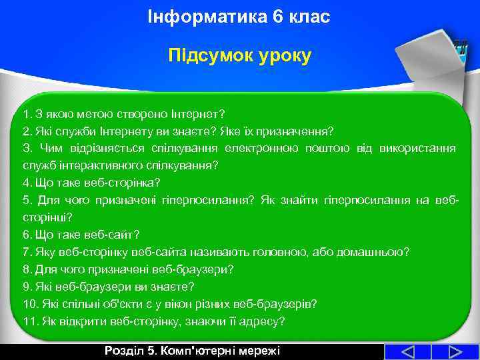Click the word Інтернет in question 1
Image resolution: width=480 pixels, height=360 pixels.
pos(198,113)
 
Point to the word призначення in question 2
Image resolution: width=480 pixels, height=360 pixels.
pos(301,130)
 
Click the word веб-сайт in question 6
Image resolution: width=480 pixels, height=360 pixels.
pos(115,235)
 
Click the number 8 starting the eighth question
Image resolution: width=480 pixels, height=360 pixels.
pos(25,269)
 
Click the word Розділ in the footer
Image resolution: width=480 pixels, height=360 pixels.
pos(123,351)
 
